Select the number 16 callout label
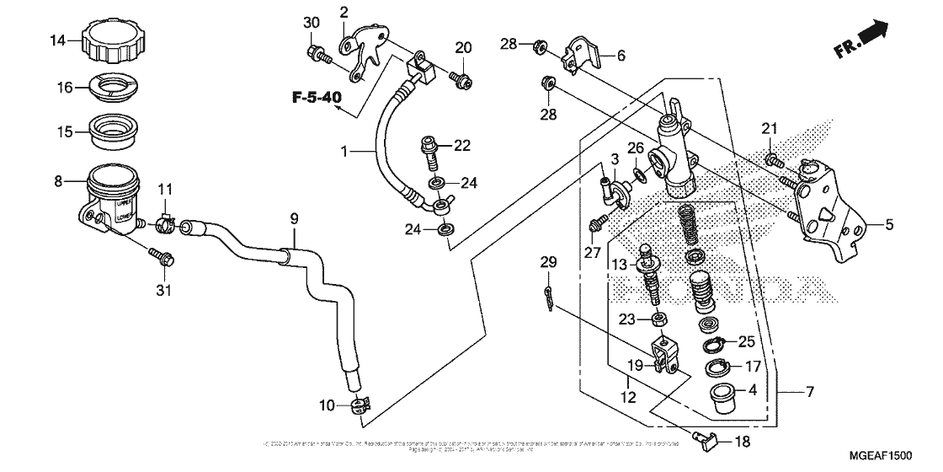pyautogui.click(x=66, y=87)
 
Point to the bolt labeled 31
pyautogui.click(x=162, y=256)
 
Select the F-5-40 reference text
pyautogui.click(x=317, y=99)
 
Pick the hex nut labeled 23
pyautogui.click(x=660, y=319)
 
